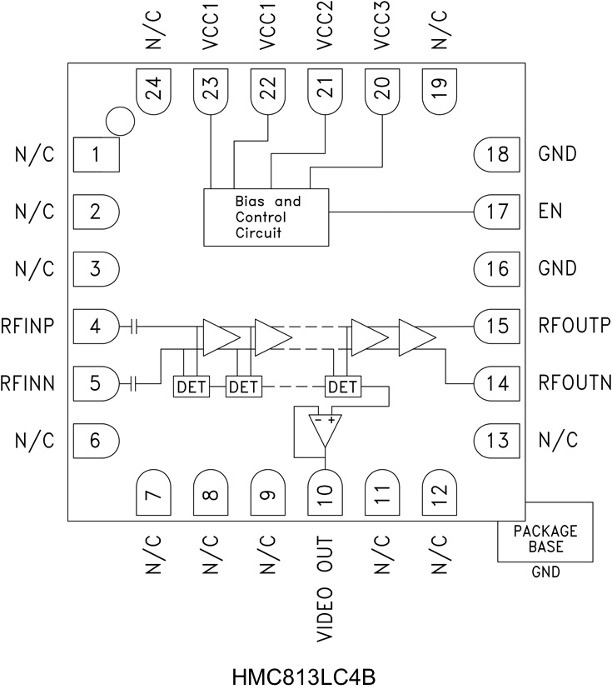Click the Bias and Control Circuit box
click(x=266, y=217)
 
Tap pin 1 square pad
click(x=96, y=154)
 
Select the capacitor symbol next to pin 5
click(x=134, y=384)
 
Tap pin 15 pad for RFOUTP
click(x=496, y=326)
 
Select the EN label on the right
click(x=550, y=212)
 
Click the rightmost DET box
click(x=341, y=387)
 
